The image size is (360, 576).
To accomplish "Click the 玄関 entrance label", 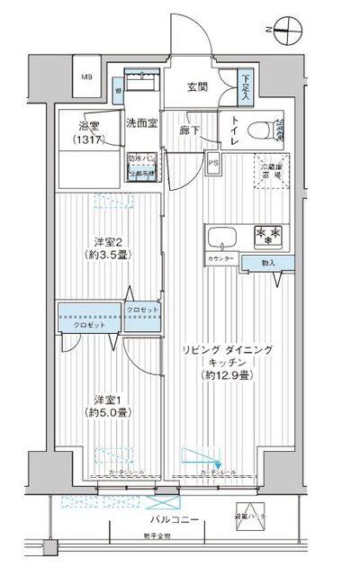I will [x=199, y=87].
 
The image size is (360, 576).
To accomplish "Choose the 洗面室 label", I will [x=140, y=122].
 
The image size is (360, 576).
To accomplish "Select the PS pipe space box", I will [x=213, y=163].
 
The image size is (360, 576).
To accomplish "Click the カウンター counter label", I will [x=221, y=259].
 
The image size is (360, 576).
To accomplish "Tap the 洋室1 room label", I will [x=107, y=405].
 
